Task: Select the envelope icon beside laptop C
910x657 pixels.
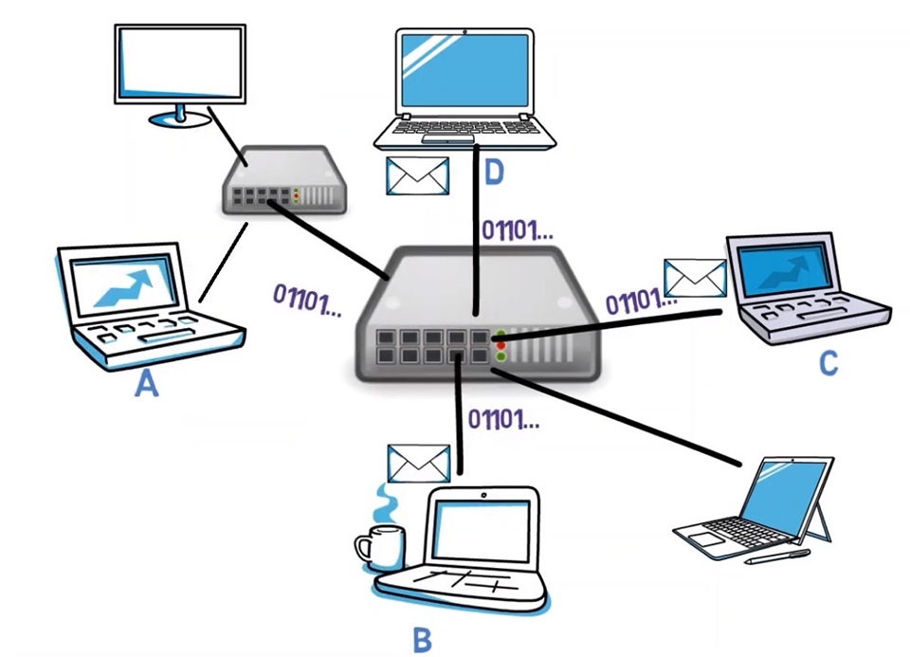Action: (x=694, y=278)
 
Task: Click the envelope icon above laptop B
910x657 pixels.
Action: (x=418, y=463)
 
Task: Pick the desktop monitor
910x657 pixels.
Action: (x=179, y=66)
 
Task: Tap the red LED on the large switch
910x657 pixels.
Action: (x=500, y=346)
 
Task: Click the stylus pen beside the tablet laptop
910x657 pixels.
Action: (x=776, y=557)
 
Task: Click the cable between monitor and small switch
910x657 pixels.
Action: (x=227, y=129)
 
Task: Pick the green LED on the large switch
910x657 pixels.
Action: (x=500, y=357)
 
